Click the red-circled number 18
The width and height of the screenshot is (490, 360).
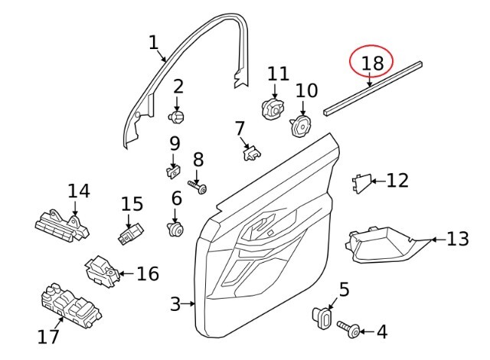373,63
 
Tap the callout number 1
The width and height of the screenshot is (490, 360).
153,43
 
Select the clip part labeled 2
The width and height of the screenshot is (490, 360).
177,117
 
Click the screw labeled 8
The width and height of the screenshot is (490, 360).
198,187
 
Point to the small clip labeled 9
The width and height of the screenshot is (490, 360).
173,172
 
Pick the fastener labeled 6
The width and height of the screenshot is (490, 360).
175,230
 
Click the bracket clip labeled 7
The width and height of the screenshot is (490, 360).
252,153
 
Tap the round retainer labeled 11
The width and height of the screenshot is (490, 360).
273,110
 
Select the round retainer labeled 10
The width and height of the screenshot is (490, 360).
300,126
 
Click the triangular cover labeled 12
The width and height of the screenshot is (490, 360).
362,183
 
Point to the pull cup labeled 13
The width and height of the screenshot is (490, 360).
388,244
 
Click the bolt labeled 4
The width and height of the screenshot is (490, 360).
349,329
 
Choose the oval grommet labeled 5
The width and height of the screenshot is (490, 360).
322,318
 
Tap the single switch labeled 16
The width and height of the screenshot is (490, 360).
102,271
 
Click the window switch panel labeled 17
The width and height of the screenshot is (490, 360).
71,306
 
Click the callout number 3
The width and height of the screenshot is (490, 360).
175,304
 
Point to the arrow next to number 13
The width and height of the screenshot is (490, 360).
439,240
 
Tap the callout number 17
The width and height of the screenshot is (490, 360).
48,336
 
